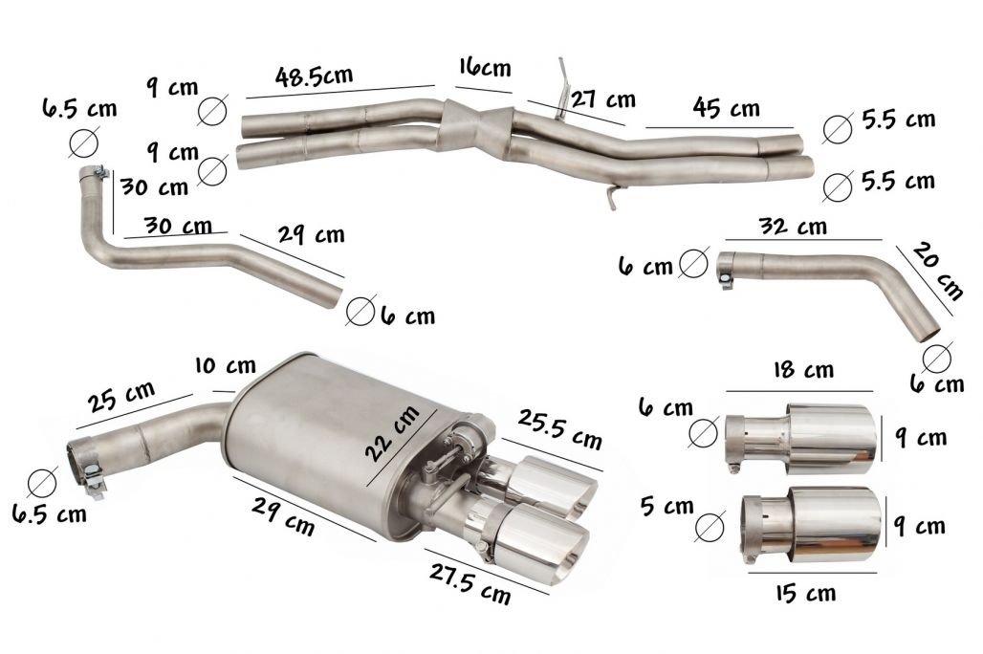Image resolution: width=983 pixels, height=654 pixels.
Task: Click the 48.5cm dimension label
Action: [x=314, y=76]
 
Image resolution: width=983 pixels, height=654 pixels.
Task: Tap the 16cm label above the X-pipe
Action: [x=485, y=67]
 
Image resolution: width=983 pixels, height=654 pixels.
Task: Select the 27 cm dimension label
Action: [x=603, y=99]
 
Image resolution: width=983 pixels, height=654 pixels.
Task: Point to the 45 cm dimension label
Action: [x=726, y=107]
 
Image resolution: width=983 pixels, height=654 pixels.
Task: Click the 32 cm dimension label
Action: [x=793, y=226]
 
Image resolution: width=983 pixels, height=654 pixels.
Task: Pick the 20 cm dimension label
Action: [x=936, y=271]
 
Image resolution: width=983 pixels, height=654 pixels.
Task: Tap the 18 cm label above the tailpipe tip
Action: [x=803, y=369]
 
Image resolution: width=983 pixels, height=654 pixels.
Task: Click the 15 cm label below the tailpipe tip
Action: [x=805, y=593]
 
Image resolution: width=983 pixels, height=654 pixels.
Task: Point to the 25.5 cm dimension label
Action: [x=559, y=429]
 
